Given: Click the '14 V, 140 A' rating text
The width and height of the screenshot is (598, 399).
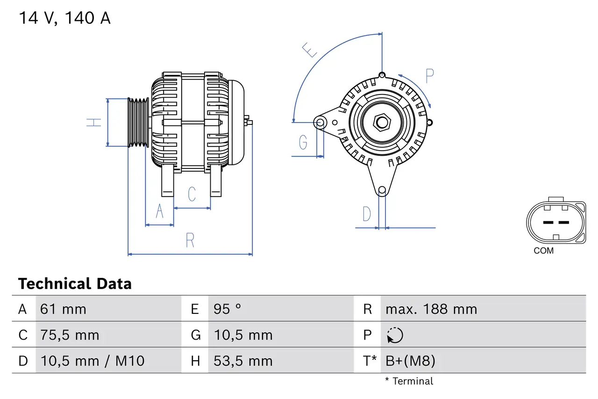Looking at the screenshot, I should [x=64, y=18].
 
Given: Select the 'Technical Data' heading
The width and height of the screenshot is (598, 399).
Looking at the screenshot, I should [x=75, y=284].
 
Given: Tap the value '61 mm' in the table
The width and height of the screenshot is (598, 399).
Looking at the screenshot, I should [x=63, y=309].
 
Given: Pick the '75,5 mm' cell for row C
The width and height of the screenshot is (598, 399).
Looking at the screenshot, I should [x=70, y=335].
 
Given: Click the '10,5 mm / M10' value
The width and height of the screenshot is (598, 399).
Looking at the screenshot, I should [x=92, y=361].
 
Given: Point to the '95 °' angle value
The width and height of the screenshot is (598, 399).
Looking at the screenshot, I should [x=228, y=309].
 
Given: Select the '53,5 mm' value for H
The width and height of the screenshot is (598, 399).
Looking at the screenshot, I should [x=243, y=361].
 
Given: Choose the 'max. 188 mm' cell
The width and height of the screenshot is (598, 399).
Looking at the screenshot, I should [x=431, y=309].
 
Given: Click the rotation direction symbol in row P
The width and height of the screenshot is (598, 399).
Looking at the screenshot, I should [x=395, y=335].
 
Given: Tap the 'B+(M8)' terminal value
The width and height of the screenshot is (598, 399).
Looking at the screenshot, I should [x=410, y=361].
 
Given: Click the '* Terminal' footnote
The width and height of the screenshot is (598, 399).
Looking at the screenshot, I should [x=409, y=381].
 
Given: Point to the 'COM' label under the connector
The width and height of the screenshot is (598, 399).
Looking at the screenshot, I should [x=543, y=251].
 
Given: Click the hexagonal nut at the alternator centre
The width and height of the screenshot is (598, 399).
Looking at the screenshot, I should [x=382, y=123].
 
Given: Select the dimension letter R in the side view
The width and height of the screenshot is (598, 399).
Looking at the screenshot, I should [x=190, y=240].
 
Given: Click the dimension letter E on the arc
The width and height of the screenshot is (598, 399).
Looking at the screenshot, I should [x=310, y=50].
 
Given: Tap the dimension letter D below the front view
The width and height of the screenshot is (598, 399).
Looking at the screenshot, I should [x=367, y=214].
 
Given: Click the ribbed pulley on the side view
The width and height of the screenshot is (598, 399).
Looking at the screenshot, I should [x=138, y=123].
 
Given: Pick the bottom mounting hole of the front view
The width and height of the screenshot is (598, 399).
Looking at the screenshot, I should [x=382, y=190].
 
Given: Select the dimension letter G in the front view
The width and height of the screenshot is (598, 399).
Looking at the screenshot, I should [x=303, y=142].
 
